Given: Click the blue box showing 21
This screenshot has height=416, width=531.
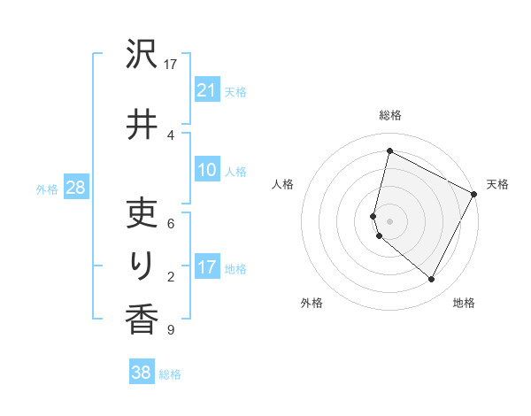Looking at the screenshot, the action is (x=206, y=91).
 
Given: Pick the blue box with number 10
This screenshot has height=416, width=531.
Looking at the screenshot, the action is (x=206, y=171).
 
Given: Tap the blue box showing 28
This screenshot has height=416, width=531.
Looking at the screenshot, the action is (x=75, y=188).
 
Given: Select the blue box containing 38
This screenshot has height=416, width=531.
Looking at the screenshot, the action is (x=141, y=373).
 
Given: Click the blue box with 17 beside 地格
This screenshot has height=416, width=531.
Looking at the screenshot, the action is (x=206, y=267).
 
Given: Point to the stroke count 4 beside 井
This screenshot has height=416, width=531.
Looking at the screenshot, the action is (x=171, y=135).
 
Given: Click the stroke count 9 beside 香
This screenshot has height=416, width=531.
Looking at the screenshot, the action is (x=171, y=330).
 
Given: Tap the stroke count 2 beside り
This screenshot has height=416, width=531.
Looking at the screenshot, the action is (x=171, y=277).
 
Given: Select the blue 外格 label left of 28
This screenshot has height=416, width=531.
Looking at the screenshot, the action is (x=47, y=189).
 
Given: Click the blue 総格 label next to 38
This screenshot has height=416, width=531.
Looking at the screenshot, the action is (x=170, y=374).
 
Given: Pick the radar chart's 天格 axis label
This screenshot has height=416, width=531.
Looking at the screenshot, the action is (x=497, y=184).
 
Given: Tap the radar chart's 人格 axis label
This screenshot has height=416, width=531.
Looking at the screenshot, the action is (x=282, y=184).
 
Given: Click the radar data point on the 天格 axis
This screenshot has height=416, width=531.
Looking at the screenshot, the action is (x=474, y=194).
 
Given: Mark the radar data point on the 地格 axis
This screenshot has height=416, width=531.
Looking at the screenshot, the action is (x=431, y=280).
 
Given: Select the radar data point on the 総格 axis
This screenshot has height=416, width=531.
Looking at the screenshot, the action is (x=389, y=150).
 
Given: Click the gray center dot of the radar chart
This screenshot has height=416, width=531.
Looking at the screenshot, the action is (x=389, y=220).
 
